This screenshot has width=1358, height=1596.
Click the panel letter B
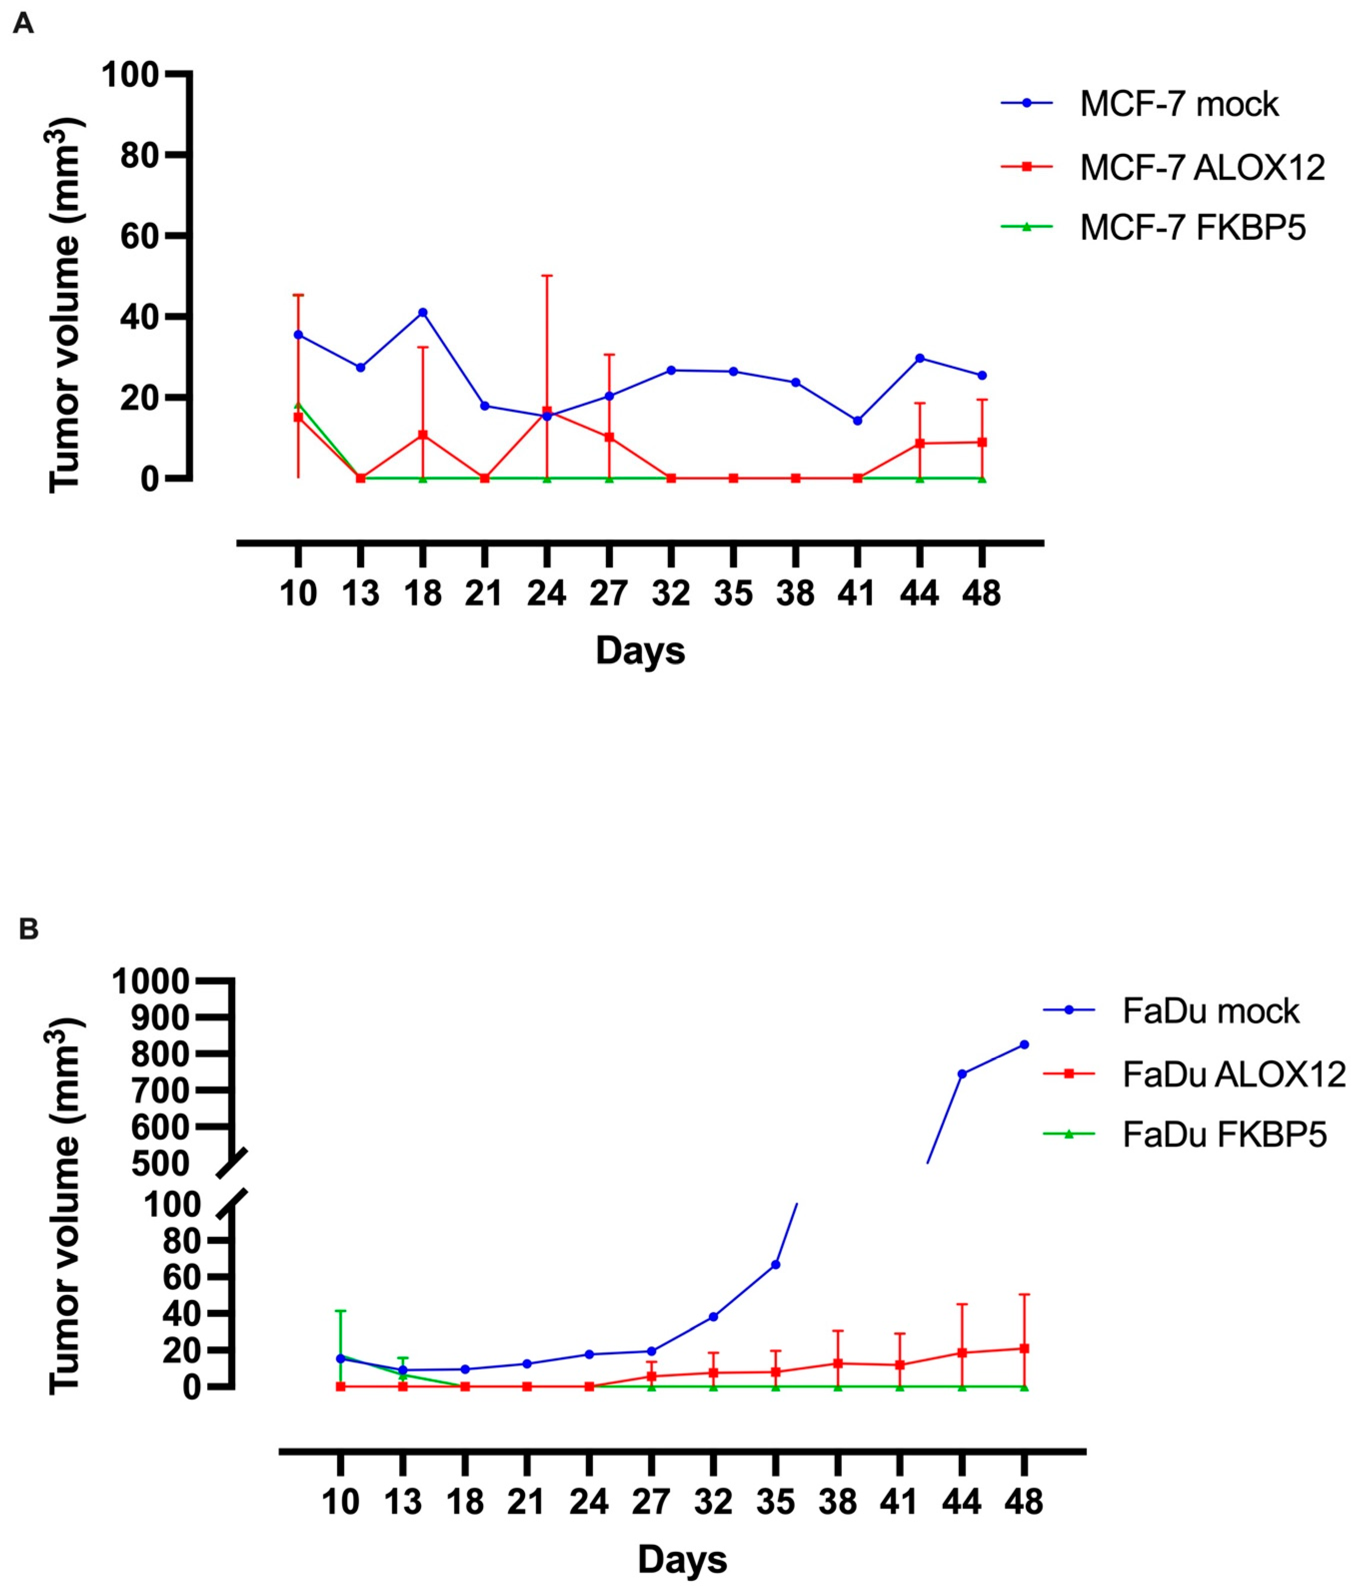(x=29, y=929)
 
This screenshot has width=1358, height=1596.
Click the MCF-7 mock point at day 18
(x=423, y=313)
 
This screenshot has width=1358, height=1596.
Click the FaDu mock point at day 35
(x=775, y=1264)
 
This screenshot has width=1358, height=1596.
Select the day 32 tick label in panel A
(x=671, y=594)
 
